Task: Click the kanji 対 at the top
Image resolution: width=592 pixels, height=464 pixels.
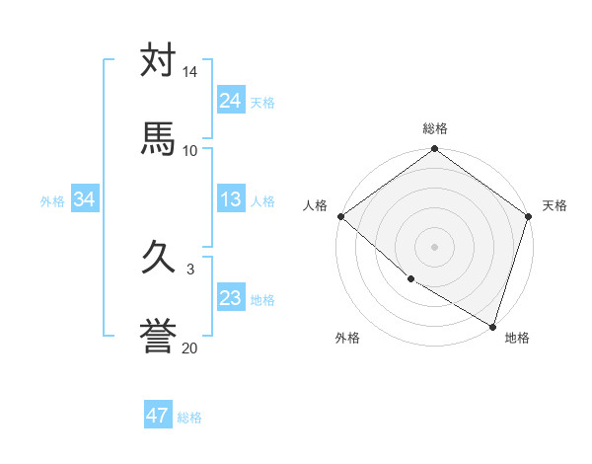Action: (158, 61)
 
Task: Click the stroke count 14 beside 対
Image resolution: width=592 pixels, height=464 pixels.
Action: (189, 73)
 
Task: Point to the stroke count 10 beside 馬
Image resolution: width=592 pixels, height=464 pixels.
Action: (189, 150)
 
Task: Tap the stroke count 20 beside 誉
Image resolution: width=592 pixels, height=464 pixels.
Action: (189, 347)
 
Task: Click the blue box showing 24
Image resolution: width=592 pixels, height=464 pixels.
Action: (231, 101)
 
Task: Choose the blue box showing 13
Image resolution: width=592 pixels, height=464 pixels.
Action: (231, 199)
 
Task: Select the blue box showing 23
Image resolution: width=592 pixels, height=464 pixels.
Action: (231, 298)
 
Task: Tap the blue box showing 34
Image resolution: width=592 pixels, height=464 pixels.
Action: (85, 199)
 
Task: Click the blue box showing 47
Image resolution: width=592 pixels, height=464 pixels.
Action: (158, 416)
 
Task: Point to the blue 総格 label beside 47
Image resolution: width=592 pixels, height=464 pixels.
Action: (189, 418)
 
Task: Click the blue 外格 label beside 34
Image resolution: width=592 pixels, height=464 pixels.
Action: (52, 201)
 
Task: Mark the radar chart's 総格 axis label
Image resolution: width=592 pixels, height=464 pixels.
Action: (435, 128)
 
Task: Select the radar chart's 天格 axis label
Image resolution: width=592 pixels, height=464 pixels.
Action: (555, 205)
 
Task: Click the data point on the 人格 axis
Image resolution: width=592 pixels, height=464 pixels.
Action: (340, 216)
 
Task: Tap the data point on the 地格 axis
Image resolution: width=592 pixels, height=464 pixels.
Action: (492, 326)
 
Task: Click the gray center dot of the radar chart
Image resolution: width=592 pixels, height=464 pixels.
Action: (435, 246)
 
